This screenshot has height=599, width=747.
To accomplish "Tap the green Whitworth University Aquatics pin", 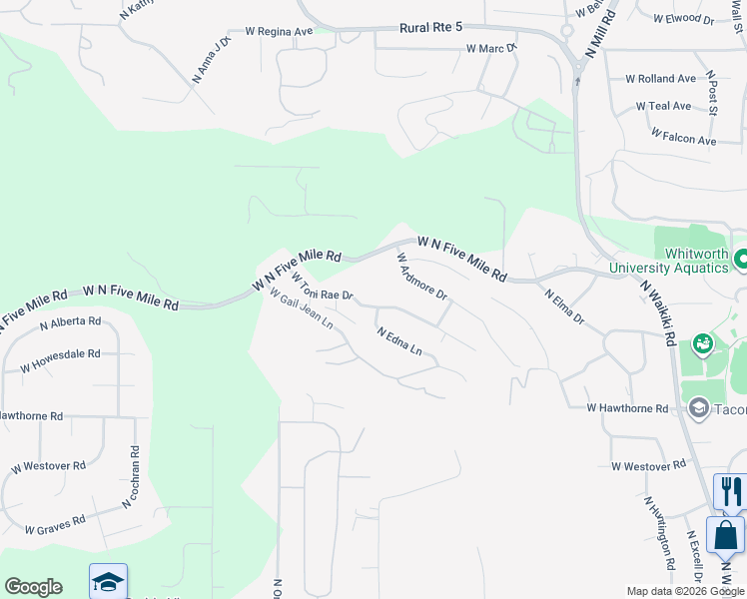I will pos(741,260).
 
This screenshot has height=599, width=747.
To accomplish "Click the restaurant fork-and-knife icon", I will pos(731,491).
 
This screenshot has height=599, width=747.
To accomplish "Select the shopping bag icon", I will pos(725,534).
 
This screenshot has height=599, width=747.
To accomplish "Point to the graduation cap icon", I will pos(108,581).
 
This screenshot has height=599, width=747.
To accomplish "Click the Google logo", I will pos(33,587).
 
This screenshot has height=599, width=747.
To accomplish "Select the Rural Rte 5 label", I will pos(406,31).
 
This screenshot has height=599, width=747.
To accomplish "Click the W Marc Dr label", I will pos(490,48).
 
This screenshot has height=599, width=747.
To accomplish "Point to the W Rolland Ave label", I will pos(660,79).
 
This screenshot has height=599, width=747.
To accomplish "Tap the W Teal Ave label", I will pos(663,106).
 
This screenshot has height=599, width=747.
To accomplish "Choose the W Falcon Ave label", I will pos(683,136).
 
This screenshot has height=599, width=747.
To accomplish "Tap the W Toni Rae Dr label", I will pos(323,286).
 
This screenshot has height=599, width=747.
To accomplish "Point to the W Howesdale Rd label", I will pos(60,360).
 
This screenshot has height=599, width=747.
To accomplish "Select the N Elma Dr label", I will pos(564,307).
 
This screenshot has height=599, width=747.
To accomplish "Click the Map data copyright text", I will pos(685,591).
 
